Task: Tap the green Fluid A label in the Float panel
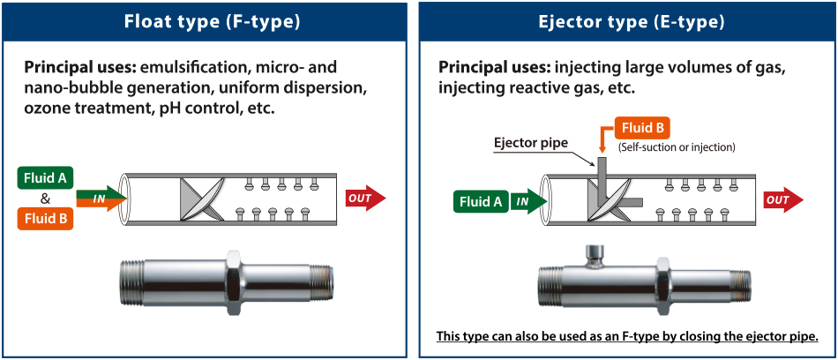(x=43, y=177)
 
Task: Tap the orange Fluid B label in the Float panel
(x=43, y=218)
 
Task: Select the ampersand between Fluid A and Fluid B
(x=44, y=198)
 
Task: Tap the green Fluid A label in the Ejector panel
(x=481, y=202)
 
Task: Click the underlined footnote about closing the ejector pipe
(x=628, y=336)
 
